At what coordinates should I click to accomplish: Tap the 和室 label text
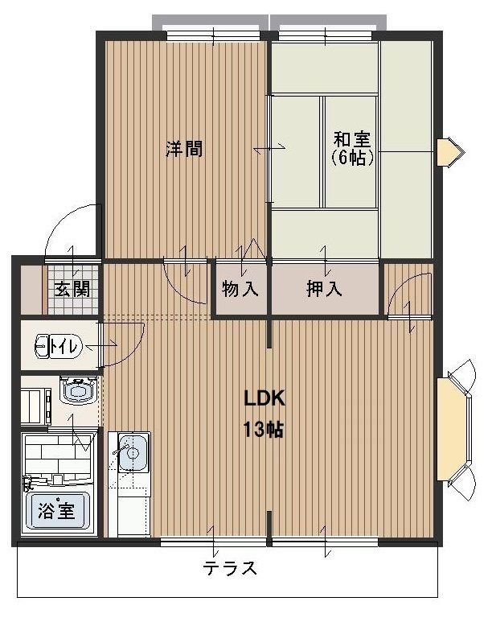(352, 138)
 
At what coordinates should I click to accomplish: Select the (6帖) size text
(352, 159)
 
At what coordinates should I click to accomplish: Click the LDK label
(265, 398)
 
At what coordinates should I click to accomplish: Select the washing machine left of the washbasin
(35, 405)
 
